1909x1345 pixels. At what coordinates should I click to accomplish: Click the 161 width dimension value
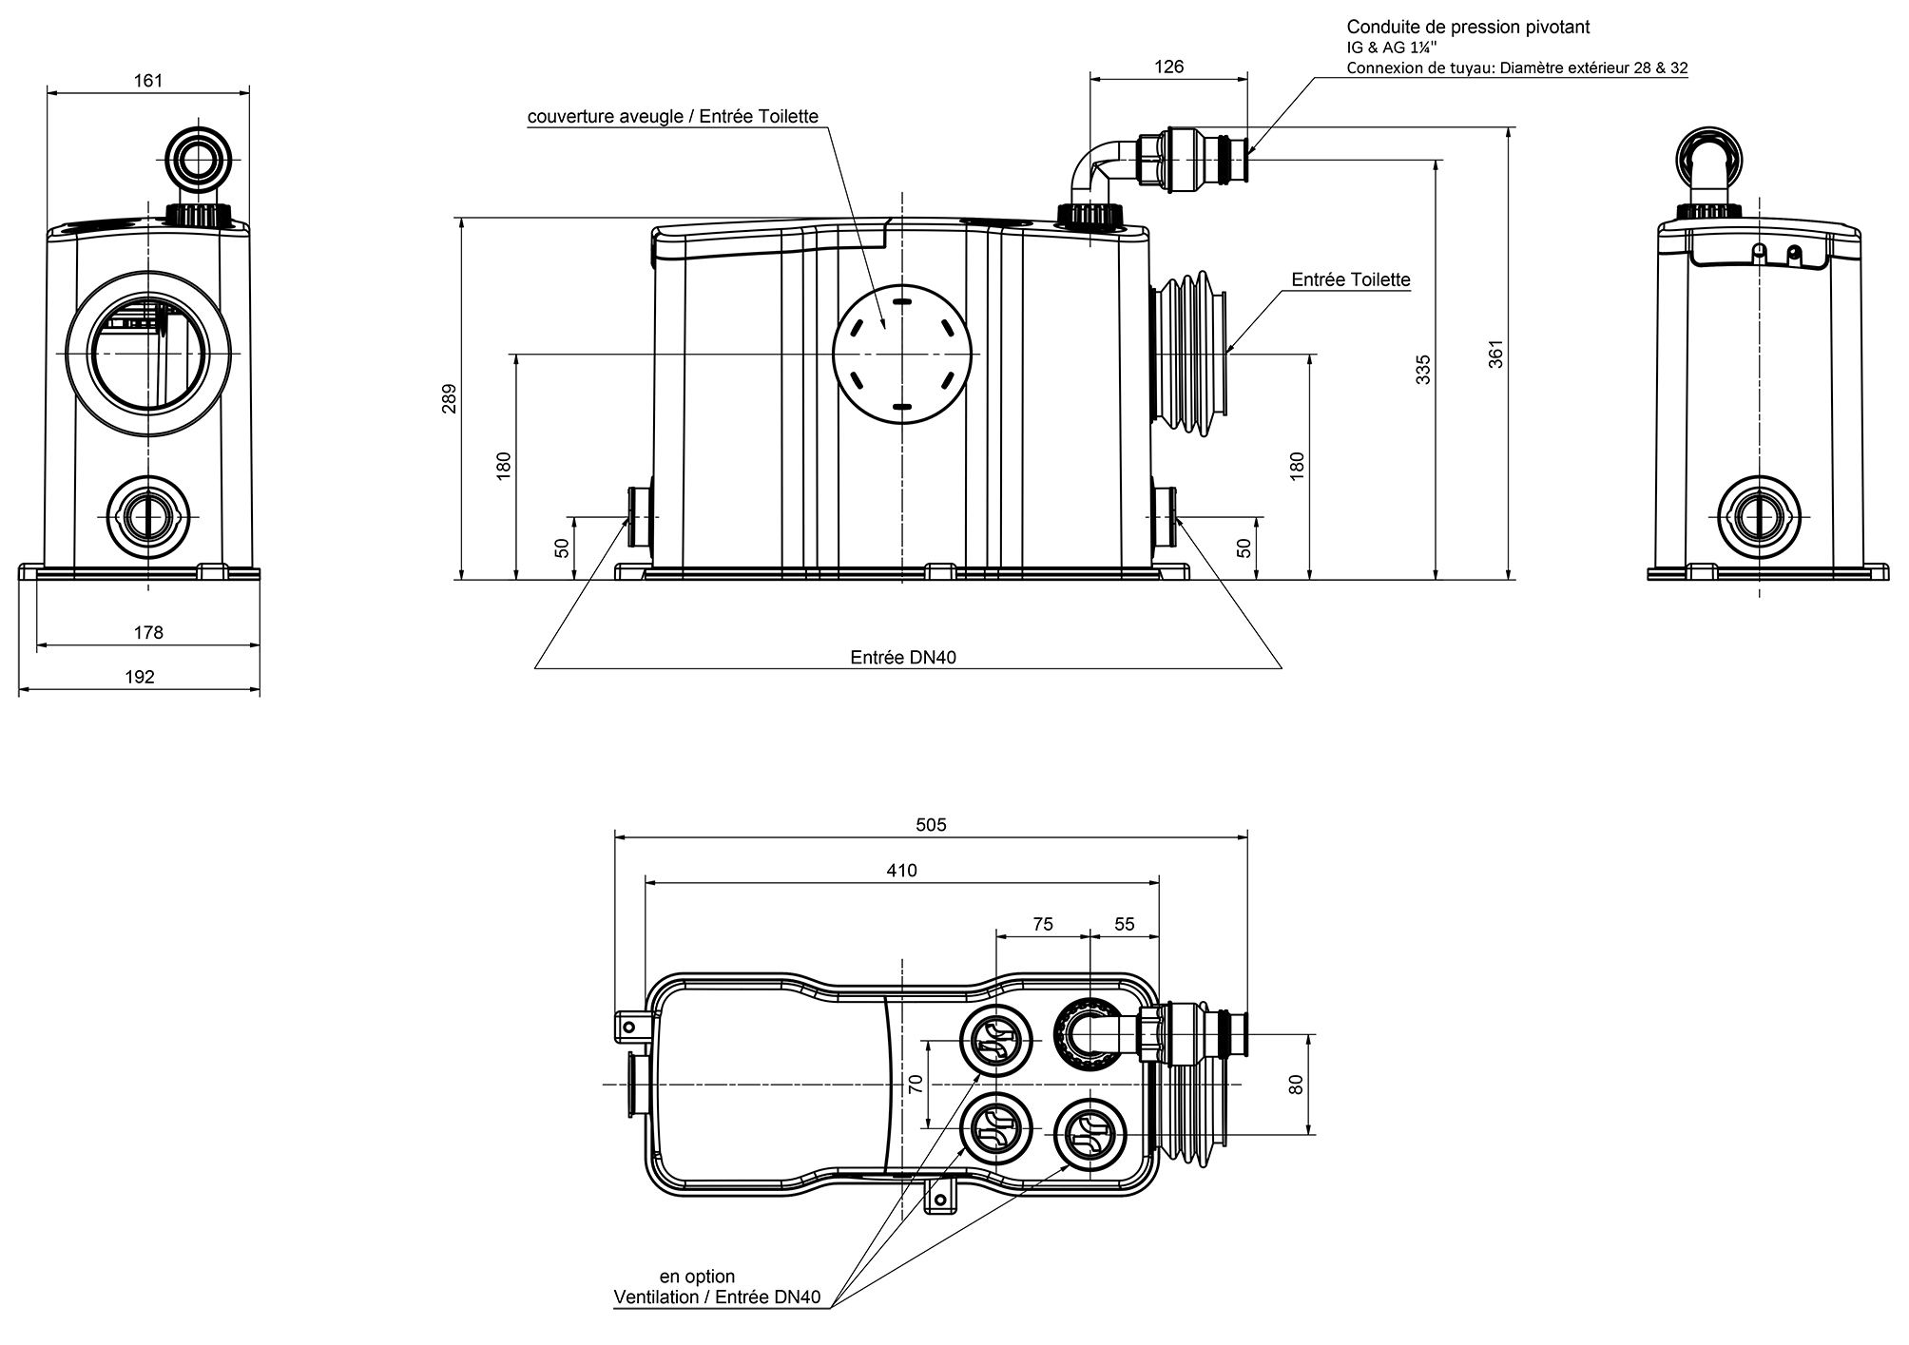pyautogui.click(x=148, y=81)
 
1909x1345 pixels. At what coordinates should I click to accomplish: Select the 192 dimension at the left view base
pyautogui.click(x=140, y=677)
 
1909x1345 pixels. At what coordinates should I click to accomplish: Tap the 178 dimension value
pyautogui.click(x=148, y=632)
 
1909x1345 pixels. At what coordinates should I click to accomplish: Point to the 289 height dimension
pyautogui.click(x=450, y=398)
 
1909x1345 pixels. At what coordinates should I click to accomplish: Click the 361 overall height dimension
pyautogui.click(x=1495, y=354)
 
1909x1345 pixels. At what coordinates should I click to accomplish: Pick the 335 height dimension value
pyautogui.click(x=1422, y=369)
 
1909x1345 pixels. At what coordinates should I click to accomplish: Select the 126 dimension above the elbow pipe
pyautogui.click(x=1168, y=67)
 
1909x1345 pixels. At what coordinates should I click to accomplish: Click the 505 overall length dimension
pyautogui.click(x=931, y=825)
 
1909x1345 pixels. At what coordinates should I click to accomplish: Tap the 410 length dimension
pyautogui.click(x=901, y=871)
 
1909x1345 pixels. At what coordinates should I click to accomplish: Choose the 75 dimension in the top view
pyautogui.click(x=1042, y=924)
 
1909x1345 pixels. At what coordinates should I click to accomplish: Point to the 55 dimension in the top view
pyautogui.click(x=1124, y=924)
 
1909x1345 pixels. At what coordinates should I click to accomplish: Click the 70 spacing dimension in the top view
pyautogui.click(x=916, y=1085)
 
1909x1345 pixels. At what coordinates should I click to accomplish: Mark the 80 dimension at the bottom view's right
pyautogui.click(x=1295, y=1085)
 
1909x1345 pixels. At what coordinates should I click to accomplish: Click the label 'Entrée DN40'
pyautogui.click(x=902, y=658)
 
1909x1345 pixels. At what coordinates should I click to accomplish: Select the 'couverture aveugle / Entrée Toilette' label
pyautogui.click(x=673, y=117)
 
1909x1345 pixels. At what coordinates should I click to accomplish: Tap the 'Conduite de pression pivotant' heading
pyautogui.click(x=1468, y=28)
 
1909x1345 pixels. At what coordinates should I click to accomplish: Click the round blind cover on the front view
pyautogui.click(x=902, y=354)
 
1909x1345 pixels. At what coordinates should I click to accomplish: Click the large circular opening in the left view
pyautogui.click(x=148, y=353)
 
